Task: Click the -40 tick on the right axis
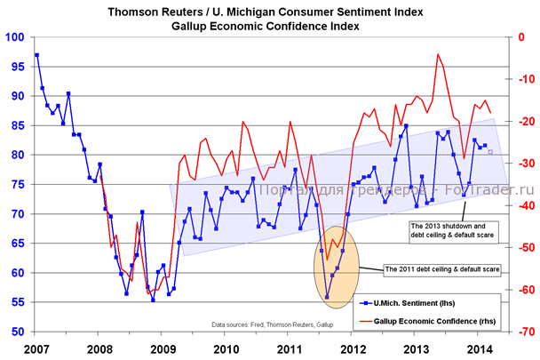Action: click(524, 205)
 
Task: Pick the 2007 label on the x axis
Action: click(36, 348)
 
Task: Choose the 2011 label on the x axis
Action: click(290, 348)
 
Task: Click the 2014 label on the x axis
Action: click(480, 348)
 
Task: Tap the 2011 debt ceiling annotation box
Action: click(441, 268)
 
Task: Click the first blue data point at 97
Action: click(36, 55)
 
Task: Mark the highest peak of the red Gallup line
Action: click(438, 54)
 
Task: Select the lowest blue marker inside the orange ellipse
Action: click(327, 297)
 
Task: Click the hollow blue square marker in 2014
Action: click(489, 153)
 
